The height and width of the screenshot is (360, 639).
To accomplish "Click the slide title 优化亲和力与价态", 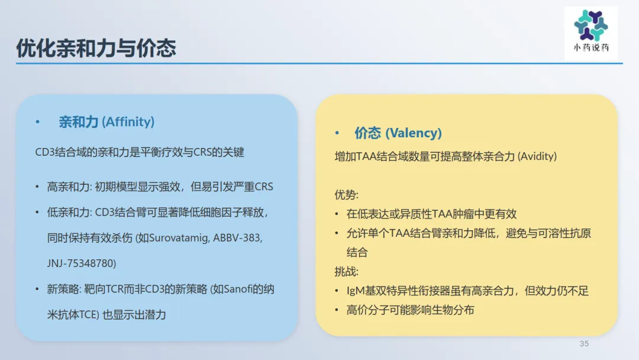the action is [96, 48].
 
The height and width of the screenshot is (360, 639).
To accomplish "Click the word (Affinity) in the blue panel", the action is [128, 121].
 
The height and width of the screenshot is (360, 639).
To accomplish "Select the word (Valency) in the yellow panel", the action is [413, 133].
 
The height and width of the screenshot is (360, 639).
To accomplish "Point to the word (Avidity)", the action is [537, 156].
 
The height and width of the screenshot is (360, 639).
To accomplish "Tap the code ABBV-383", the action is [237, 237].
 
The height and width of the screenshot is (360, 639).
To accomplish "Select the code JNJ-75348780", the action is [80, 263].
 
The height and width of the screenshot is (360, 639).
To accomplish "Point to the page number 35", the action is [584, 343].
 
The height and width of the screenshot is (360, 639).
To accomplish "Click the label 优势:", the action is [346, 195].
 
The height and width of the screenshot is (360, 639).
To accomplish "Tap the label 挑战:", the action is [346, 272].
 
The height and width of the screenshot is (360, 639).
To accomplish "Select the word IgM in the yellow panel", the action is [356, 291].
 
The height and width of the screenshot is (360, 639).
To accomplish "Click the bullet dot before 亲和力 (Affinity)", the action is [37, 122].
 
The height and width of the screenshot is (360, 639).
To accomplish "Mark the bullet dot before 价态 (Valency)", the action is [337, 133].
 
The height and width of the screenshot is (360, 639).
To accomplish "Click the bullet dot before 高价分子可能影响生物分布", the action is [337, 310].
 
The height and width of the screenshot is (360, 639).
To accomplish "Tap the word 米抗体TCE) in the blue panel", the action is [73, 315].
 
